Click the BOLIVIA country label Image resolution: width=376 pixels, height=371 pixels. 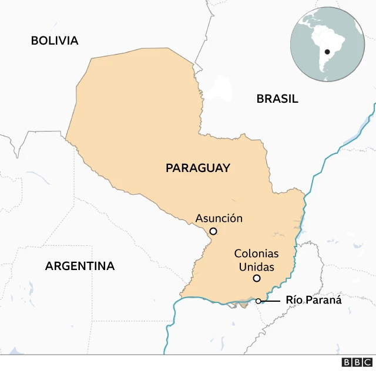pos(55,41)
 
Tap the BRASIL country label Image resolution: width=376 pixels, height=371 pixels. pos(277,99)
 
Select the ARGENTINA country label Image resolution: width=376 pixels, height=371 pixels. pos(80,266)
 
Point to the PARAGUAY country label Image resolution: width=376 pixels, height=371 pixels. pos(197,168)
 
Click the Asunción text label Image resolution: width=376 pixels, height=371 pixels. pos(219,218)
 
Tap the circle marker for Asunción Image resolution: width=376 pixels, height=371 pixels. pos(213,231)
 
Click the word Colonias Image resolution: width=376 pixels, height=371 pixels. pos(256,254)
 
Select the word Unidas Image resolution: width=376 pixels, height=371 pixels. pos(256,267)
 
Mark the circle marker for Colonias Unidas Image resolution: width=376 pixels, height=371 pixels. pos(256,278)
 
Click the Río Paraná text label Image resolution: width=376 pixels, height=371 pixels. pos(313,300)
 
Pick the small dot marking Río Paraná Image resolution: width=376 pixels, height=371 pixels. pos(258,301)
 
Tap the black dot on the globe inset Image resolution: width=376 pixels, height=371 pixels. pos(327,52)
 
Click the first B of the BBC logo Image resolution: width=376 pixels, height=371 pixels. pos(346,362)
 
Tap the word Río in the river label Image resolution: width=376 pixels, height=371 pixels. pos(294,300)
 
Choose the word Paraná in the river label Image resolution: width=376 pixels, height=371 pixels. pos(323,300)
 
